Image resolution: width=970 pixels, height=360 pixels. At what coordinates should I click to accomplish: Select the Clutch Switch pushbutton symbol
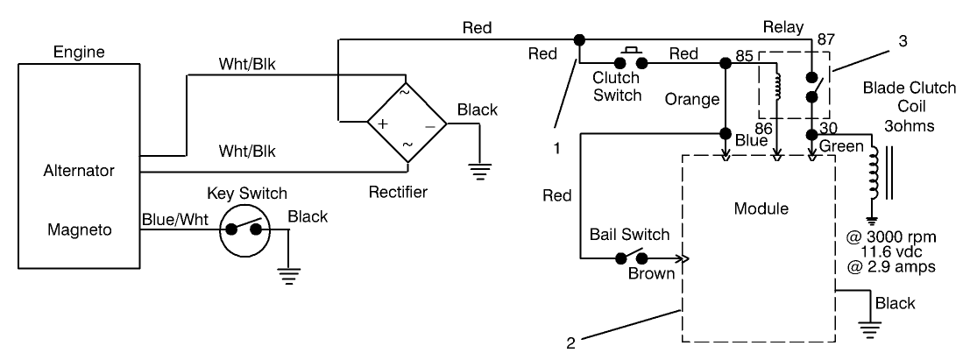[x=631, y=60]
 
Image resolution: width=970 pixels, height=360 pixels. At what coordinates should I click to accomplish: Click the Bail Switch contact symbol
[x=633, y=258]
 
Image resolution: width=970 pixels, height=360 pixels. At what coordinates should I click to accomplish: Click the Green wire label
[x=841, y=146]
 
